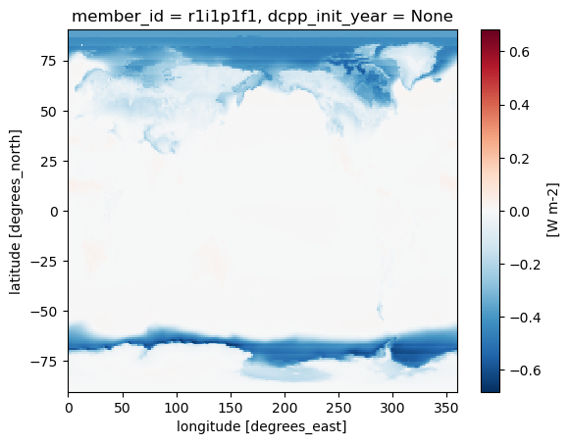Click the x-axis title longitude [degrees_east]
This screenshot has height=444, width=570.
[x=263, y=427]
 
